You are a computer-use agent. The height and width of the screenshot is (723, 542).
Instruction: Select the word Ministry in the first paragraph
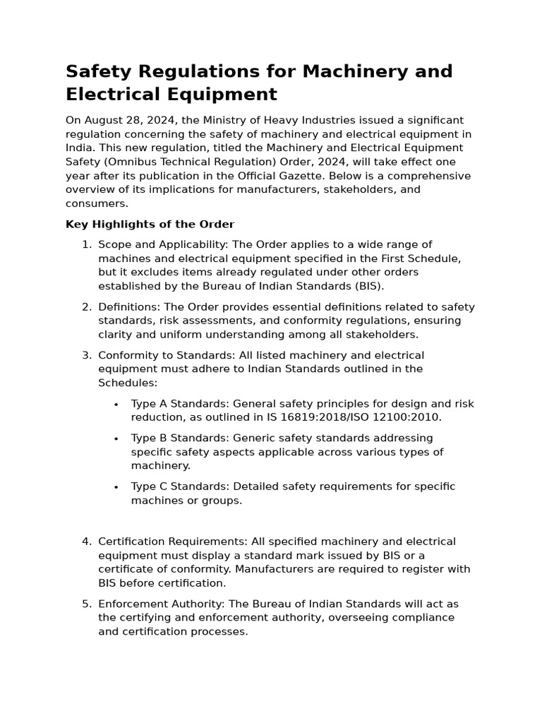tap(224, 120)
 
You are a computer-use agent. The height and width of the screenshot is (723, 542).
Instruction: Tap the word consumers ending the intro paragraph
tap(97, 203)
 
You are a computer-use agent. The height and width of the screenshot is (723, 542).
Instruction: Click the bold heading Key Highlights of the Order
tap(150, 225)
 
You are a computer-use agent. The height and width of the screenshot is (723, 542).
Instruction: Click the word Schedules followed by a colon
tap(127, 383)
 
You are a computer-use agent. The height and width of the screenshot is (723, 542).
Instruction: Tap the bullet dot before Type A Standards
tap(115, 404)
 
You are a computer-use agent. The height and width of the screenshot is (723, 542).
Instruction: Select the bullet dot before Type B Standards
tap(115, 438)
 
